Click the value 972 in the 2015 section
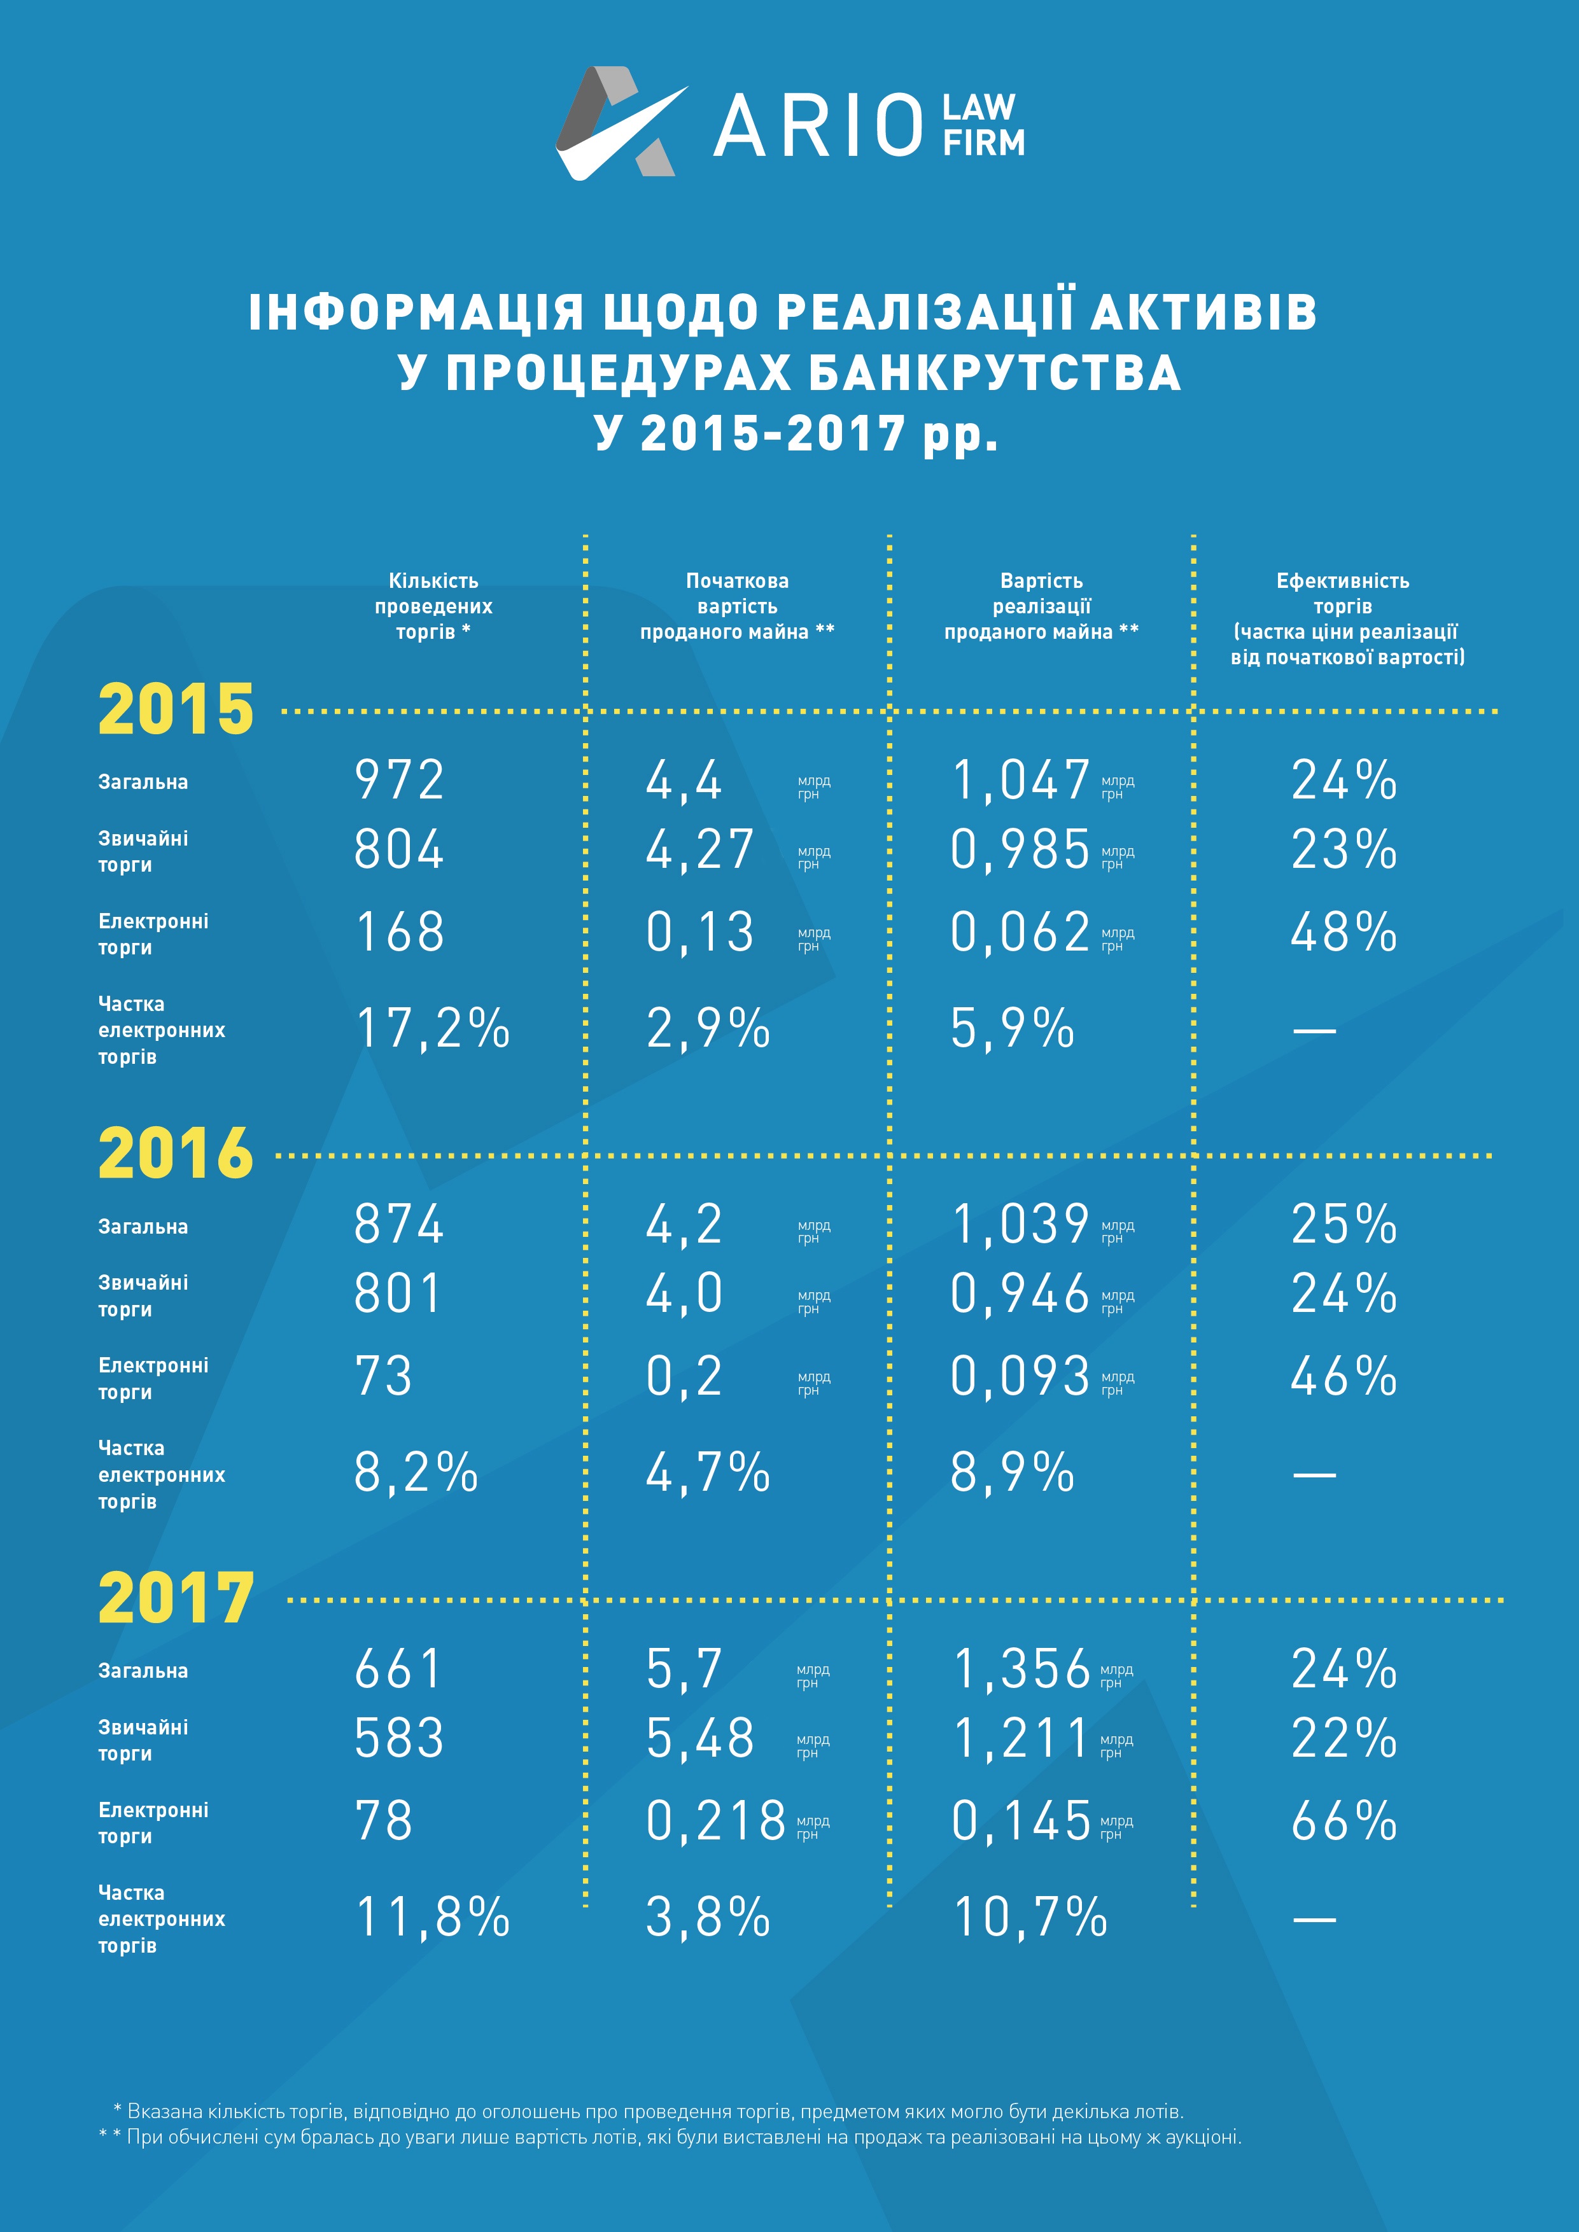click(398, 779)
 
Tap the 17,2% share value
click(433, 1028)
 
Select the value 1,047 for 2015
click(1020, 779)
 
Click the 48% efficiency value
click(1344, 931)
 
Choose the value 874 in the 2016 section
click(398, 1224)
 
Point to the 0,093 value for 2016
click(1020, 1376)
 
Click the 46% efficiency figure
click(1344, 1376)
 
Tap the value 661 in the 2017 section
click(398, 1668)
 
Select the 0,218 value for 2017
click(715, 1820)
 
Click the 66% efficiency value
click(1344, 1820)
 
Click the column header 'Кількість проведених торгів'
click(433, 606)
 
